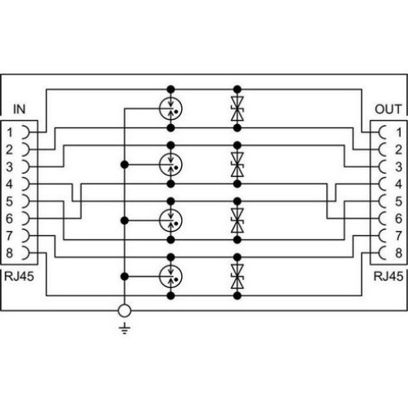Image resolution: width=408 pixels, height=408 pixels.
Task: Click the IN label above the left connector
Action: [x=20, y=109]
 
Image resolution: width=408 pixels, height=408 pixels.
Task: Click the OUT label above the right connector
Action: [x=388, y=109]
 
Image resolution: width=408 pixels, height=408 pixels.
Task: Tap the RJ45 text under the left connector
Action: [x=19, y=277]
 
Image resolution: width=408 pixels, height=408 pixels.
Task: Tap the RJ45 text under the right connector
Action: [x=388, y=277]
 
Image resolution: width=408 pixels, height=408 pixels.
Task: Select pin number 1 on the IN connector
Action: [x=10, y=133]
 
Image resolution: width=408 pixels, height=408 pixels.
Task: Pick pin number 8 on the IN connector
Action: [x=10, y=253]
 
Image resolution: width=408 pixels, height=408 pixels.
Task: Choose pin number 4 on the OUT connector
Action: [x=398, y=184]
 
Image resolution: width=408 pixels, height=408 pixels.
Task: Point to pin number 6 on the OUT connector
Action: [x=398, y=219]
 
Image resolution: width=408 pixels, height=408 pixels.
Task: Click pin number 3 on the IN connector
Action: [x=10, y=166]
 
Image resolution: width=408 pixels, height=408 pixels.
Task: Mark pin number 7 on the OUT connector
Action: [x=399, y=236]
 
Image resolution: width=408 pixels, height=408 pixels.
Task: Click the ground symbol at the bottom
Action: [x=125, y=329]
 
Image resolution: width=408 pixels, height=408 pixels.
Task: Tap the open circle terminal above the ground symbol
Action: [x=125, y=311]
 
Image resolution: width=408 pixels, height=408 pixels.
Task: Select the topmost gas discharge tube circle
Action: [x=171, y=109]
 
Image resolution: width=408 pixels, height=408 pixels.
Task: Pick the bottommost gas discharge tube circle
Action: [x=171, y=277]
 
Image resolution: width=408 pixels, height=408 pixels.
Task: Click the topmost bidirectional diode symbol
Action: [x=237, y=109]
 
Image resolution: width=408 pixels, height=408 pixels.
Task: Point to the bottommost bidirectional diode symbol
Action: [x=237, y=277]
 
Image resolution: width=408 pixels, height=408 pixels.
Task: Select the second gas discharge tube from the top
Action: [x=171, y=165]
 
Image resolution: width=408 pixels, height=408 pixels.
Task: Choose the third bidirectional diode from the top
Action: [x=237, y=220]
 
